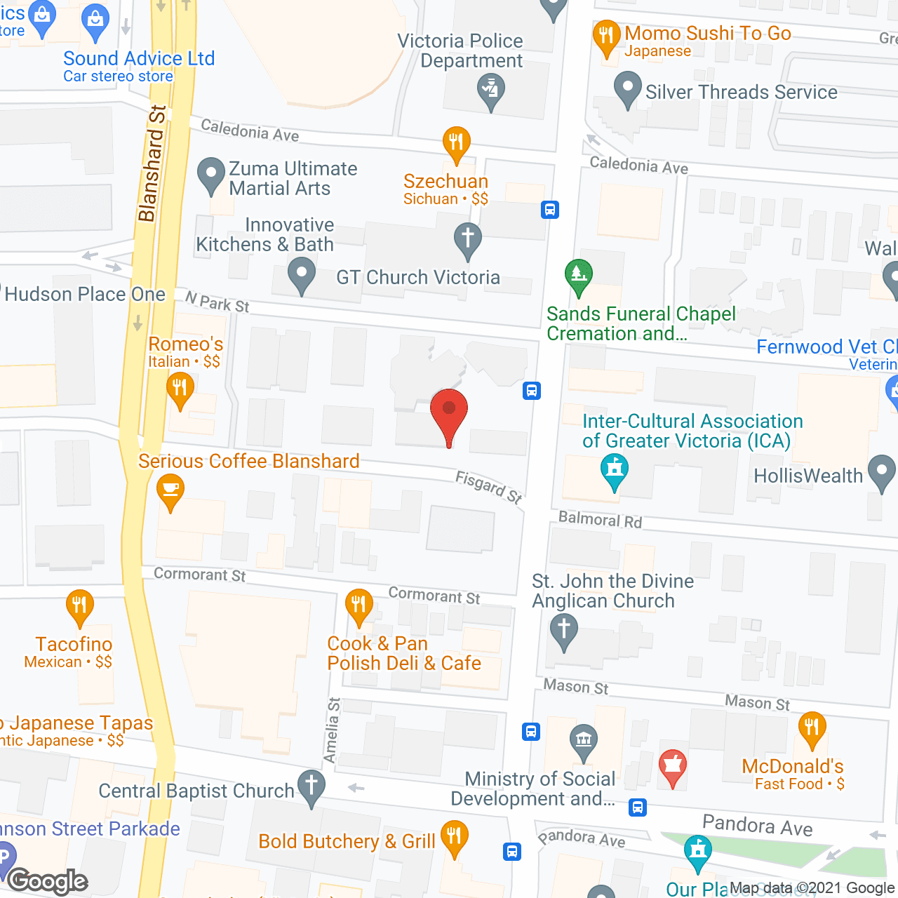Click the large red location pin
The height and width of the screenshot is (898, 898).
[449, 414]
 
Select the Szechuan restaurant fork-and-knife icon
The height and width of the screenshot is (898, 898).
[457, 143]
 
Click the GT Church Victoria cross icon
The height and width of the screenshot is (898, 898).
[468, 239]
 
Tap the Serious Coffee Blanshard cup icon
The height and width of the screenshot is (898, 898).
[170, 490]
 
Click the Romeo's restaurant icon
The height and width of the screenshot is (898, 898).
[180, 388]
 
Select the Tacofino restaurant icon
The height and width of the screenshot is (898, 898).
[79, 606]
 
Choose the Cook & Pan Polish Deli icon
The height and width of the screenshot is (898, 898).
[359, 605]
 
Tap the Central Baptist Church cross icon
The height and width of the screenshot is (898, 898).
[311, 786]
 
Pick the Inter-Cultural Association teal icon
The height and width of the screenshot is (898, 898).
[615, 469]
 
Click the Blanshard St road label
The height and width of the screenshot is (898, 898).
[152, 163]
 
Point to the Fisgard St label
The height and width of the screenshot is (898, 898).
[489, 488]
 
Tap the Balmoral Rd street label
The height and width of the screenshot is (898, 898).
[600, 520]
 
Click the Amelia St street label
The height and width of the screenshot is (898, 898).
[332, 730]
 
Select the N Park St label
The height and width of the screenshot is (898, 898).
[217, 302]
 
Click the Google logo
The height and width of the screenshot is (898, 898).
[48, 881]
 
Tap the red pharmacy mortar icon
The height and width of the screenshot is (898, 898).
[673, 766]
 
